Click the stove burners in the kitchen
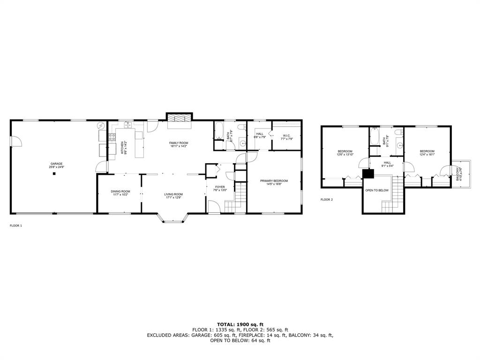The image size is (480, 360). (x=112, y=137)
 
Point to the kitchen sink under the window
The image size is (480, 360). (x=127, y=126)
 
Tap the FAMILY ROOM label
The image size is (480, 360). (x=179, y=142)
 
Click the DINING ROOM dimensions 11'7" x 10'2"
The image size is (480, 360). (x=120, y=195)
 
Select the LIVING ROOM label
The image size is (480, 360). (x=173, y=194)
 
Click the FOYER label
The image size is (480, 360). (x=219, y=187)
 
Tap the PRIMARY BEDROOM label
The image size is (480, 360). (x=274, y=180)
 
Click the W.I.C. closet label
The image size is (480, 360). (x=287, y=135)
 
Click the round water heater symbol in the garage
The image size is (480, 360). (x=102, y=127)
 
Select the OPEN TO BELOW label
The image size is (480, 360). (x=377, y=190)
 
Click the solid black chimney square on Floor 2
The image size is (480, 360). (x=368, y=174)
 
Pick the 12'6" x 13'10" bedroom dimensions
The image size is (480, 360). (x=345, y=154)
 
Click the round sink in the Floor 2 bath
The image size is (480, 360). (x=399, y=145)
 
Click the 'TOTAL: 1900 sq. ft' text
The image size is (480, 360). (x=240, y=324)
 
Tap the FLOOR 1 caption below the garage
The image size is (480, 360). (x=16, y=225)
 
